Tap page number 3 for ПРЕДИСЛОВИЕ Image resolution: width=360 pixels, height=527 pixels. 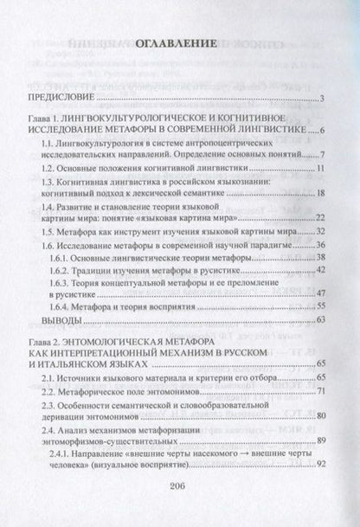coord(320,100)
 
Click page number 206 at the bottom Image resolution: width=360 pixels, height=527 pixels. coord(179,509)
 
